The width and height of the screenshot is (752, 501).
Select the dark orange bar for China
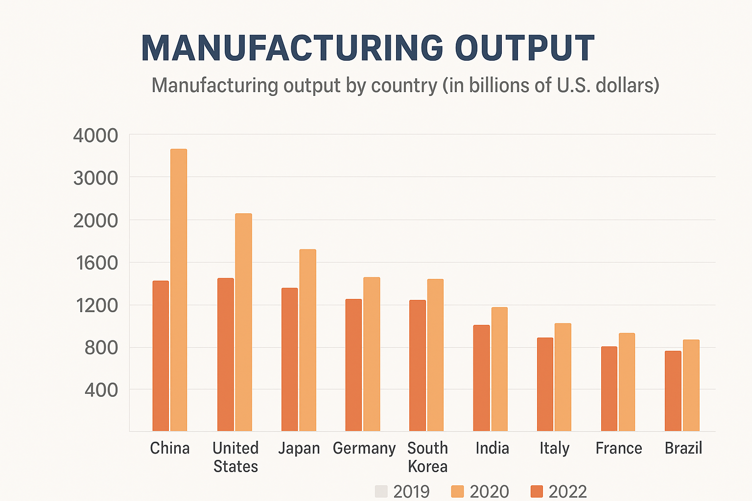pos(161,356)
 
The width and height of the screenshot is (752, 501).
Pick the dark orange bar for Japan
pos(289,359)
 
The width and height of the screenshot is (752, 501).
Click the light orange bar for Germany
pos(372,354)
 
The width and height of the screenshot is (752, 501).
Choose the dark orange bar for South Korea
pos(418,365)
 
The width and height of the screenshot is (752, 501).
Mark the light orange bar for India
pos(499,369)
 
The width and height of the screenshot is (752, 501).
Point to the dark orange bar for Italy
pos(545,384)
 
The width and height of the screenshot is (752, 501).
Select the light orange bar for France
pos(627,382)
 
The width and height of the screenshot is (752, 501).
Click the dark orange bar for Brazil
pos(673,391)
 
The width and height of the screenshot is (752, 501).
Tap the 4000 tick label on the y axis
pos(95,136)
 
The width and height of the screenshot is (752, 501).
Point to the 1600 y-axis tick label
pos(96,263)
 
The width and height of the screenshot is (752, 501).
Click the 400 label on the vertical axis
pos(101,390)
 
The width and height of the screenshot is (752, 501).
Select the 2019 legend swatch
pos(381,491)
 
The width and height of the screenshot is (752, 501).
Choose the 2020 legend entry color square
pos(457,491)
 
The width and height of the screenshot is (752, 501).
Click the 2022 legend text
pos(567,491)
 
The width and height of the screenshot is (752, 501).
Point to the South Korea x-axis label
pos(427,457)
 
